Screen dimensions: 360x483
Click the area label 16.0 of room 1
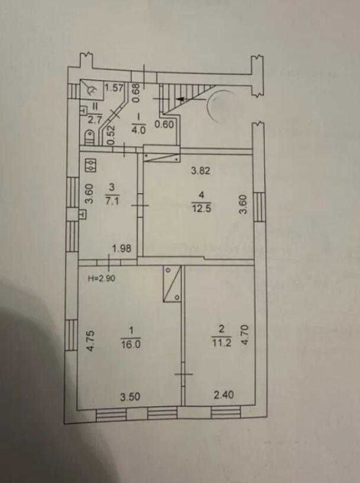pyautogui.click(x=131, y=344)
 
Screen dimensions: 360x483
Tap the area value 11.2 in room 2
pyautogui.click(x=221, y=342)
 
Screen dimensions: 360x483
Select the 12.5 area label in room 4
pyautogui.click(x=201, y=208)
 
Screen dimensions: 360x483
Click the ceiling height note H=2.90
pyautogui.click(x=102, y=278)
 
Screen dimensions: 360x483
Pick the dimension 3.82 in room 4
pyautogui.click(x=201, y=170)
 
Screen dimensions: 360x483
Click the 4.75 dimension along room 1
pyautogui.click(x=90, y=341)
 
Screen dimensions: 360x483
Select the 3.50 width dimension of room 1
pyautogui.click(x=131, y=396)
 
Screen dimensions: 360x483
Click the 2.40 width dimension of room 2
pyautogui.click(x=224, y=394)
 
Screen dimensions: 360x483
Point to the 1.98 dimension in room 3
pyautogui.click(x=122, y=248)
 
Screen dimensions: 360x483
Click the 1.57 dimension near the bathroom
pyautogui.click(x=114, y=88)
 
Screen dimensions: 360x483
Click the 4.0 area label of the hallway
pyautogui.click(x=139, y=130)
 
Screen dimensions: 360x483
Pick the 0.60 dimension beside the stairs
pyautogui.click(x=164, y=125)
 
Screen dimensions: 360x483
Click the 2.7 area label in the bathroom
pyautogui.click(x=95, y=120)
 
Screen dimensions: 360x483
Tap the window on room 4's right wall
pyautogui.click(x=260, y=207)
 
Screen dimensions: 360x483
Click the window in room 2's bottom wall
pyautogui.click(x=226, y=413)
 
